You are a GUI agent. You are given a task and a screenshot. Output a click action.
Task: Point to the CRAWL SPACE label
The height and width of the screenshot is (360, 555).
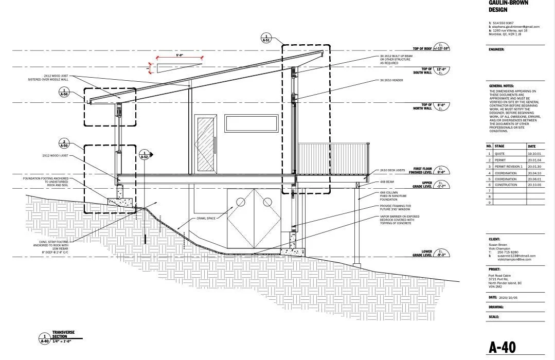(x=206, y=218)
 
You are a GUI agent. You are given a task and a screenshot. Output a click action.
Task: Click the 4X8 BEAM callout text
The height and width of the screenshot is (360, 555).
(x=387, y=182)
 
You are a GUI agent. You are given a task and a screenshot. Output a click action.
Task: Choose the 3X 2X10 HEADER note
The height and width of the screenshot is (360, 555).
(x=390, y=80)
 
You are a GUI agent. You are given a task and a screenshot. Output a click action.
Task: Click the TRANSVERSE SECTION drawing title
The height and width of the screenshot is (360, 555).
(x=63, y=334)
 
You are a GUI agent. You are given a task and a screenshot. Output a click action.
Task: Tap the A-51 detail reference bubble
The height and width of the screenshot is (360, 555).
(x=266, y=38)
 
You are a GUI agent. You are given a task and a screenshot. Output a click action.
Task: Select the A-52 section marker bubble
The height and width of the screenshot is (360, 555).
(x=146, y=154)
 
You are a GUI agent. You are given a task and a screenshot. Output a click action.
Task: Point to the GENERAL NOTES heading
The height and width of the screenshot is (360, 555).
(x=502, y=86)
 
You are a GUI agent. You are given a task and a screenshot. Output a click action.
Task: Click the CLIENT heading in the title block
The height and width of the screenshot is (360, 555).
(x=494, y=240)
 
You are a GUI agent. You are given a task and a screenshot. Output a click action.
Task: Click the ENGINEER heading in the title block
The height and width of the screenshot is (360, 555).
(x=497, y=50)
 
